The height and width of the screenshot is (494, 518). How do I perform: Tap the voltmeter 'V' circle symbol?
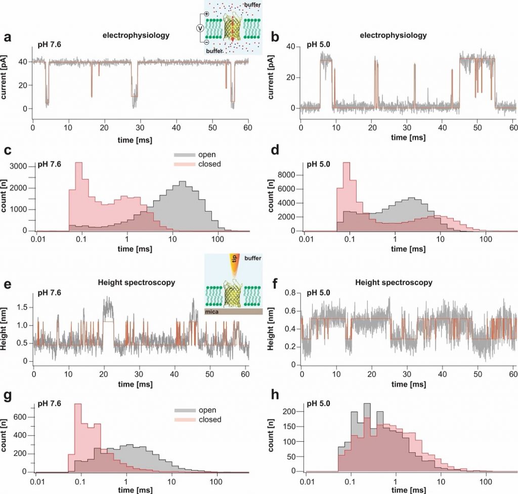[x=201, y=28]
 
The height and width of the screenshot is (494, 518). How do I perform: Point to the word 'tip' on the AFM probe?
[x=234, y=263]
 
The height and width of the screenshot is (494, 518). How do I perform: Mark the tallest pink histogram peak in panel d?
[x=346, y=163]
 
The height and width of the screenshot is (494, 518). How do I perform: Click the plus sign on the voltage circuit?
[x=206, y=13]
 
